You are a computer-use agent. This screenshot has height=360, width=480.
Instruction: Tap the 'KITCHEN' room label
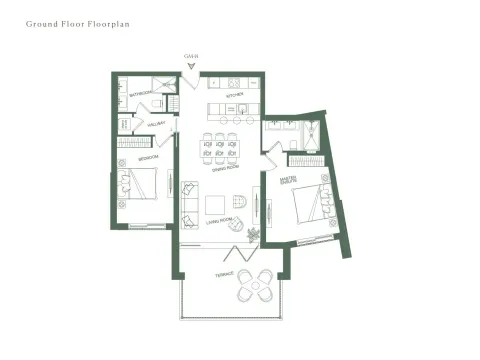[234, 95]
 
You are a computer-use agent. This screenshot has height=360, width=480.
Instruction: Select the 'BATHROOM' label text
[141, 94]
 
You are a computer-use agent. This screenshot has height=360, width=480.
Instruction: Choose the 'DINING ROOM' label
[224, 168]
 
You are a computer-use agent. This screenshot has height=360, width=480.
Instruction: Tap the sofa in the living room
[190, 203]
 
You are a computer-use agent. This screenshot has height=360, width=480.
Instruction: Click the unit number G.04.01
[192, 56]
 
